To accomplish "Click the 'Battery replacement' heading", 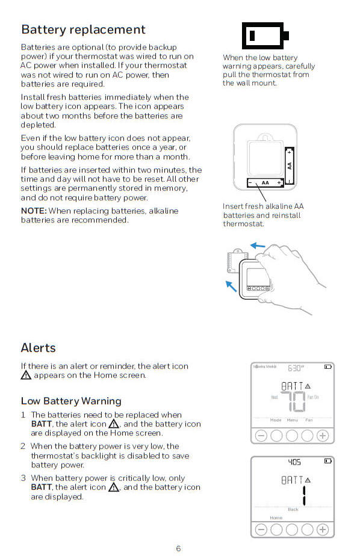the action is point(83,29).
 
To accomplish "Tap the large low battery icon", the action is point(265,36).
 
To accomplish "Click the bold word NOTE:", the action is point(34,211).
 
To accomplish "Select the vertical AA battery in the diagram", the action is point(290,166).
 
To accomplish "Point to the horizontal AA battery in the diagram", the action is point(265,182).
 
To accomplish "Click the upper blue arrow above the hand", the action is point(258,246).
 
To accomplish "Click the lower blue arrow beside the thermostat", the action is point(231,286).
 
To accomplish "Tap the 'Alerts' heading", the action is point(39,348).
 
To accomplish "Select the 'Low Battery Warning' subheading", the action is point(71,401).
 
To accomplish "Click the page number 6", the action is point(178,548).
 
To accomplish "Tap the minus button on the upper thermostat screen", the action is point(261,436).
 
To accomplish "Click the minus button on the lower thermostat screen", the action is point(261,530).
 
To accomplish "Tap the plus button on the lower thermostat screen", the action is point(323,530).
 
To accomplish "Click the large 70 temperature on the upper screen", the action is point(293,402).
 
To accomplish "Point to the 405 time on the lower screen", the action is point(294,462).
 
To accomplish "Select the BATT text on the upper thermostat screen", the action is point(292,386).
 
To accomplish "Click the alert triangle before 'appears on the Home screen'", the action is point(26,375).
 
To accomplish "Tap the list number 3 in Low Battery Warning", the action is point(23,478).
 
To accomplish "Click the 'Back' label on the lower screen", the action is point(293,509).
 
